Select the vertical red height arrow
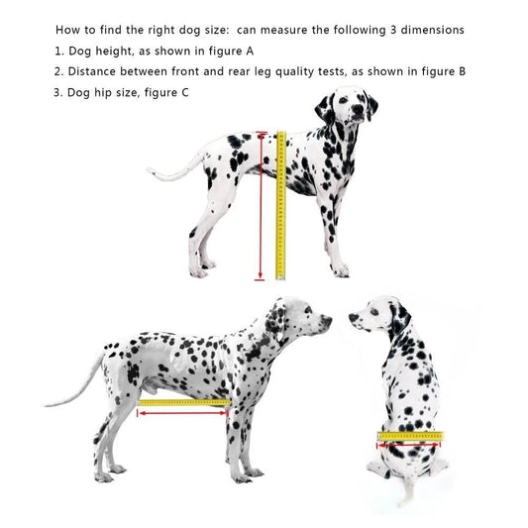coord(262,208)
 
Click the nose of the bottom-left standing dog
coord(329,320)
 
